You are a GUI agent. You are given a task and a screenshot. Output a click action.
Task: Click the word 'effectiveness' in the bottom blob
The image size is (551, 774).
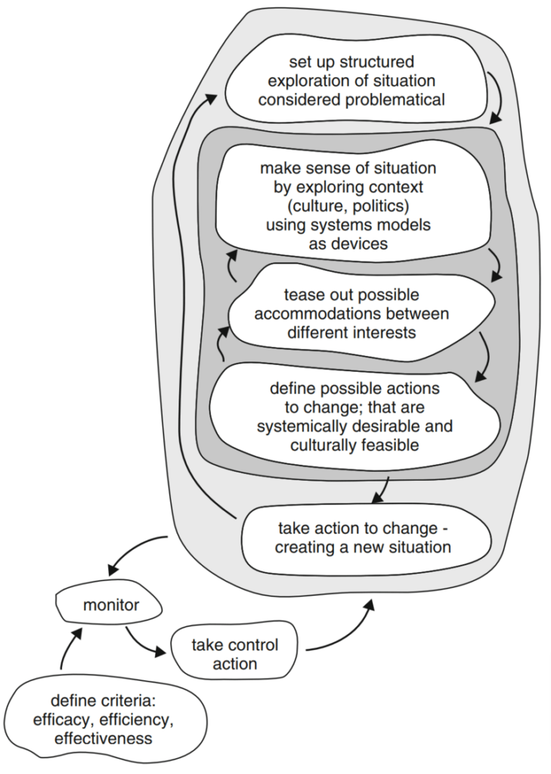coord(103,737)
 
